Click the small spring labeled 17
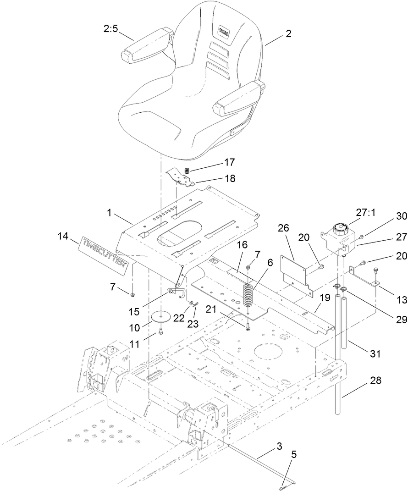pos(187,171)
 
